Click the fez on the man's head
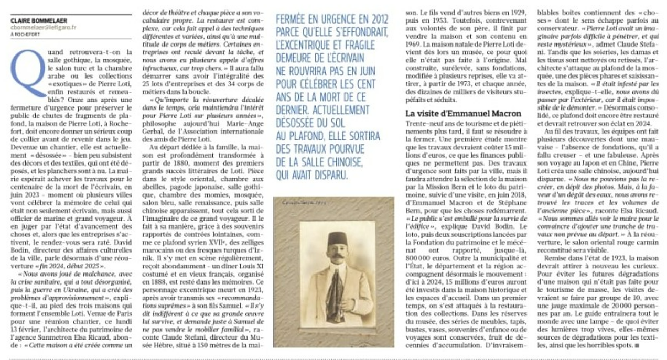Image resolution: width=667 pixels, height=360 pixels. pyautogui.click(x=333, y=237)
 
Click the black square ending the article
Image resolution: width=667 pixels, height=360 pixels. pyautogui.click(x=636, y=346)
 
